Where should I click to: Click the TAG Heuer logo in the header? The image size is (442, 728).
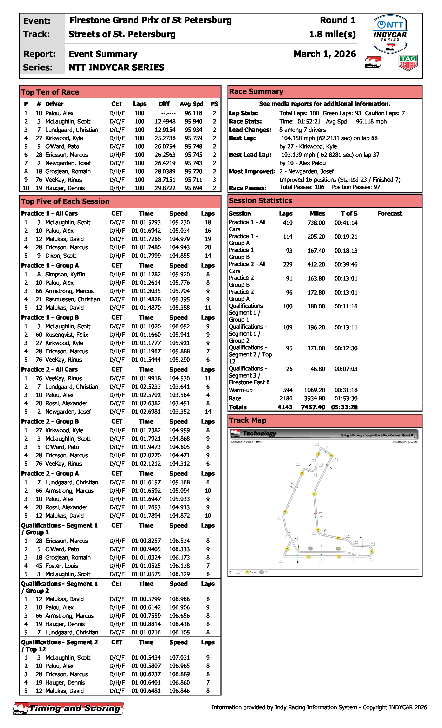(408, 63)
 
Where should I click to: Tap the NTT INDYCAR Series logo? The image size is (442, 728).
(390, 34)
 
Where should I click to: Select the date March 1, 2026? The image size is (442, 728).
(324, 54)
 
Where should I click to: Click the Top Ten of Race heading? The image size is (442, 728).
(50, 92)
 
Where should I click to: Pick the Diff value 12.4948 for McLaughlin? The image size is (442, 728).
(165, 121)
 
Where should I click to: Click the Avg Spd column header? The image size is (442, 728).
(191, 104)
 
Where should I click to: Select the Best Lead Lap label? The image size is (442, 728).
(250, 155)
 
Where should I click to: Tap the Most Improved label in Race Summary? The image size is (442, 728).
(252, 171)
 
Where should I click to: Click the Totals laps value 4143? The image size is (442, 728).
(285, 407)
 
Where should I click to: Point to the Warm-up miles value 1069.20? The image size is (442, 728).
(314, 390)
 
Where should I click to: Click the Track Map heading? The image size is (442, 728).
(248, 420)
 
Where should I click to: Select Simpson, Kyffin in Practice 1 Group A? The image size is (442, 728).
(65, 275)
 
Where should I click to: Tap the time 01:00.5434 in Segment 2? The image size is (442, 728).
(146, 658)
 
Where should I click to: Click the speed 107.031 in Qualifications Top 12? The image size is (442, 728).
(179, 658)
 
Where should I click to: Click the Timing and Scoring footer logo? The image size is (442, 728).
(69, 708)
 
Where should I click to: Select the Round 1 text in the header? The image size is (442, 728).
(337, 20)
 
